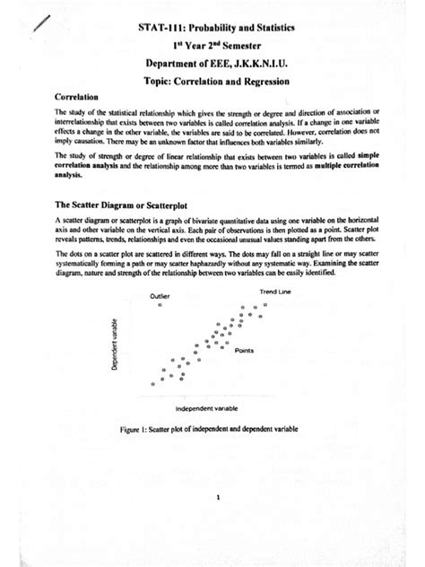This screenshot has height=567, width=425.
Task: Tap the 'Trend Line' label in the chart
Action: click(x=273, y=292)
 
